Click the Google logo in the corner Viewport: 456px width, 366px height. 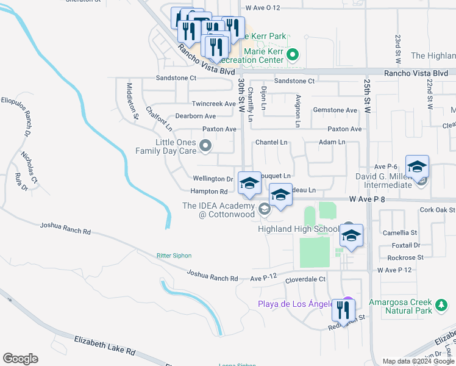pyautogui.click(x=20, y=359)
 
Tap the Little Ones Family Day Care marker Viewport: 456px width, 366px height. pyautogui.click(x=205, y=146)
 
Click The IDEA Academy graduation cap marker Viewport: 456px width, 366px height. pyautogui.click(x=264, y=209)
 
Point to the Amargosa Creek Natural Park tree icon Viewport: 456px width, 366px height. pyautogui.click(x=441, y=303)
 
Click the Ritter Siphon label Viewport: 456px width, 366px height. pyautogui.click(x=174, y=256)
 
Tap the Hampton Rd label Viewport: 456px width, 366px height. pyautogui.click(x=210, y=192)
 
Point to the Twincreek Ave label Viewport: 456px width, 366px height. pyautogui.click(x=213, y=104)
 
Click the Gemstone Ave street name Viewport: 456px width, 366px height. pyautogui.click(x=335, y=110)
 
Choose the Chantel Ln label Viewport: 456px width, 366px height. pyautogui.click(x=271, y=142)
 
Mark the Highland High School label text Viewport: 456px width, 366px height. pyautogui.click(x=298, y=229)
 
